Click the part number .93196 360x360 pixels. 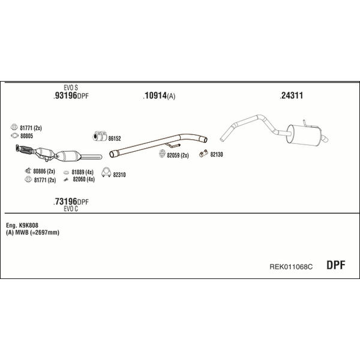[x=65, y=95]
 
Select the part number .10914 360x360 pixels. [x=155, y=95]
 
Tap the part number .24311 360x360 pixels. [x=291, y=95]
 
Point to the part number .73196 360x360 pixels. [x=65, y=202]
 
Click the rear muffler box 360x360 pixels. [x=303, y=135]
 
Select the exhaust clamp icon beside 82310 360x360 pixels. [x=106, y=172]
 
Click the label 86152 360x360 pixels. [x=115, y=139]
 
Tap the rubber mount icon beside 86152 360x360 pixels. [x=100, y=136]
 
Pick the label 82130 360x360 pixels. [x=217, y=155]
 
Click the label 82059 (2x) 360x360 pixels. [x=178, y=155]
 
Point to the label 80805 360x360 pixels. [x=26, y=136]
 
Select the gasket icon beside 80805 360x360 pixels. [x=14, y=136]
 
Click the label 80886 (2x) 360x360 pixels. [x=44, y=171]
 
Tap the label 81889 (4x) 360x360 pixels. [x=82, y=172]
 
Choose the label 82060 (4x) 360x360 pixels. [x=83, y=179]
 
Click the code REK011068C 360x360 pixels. [x=291, y=267]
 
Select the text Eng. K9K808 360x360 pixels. [x=22, y=225]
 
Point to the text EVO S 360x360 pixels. [x=71, y=88]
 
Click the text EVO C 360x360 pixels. [x=71, y=209]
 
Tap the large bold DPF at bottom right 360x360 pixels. [x=335, y=265]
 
